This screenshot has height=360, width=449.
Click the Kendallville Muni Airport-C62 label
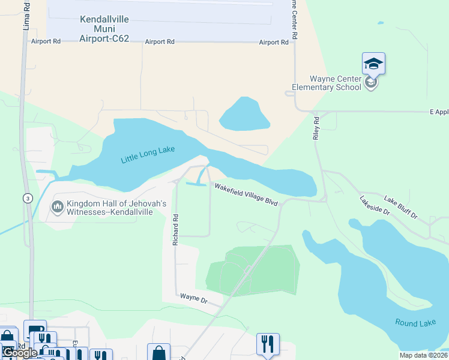[104, 29]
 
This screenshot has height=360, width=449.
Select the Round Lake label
[415, 323]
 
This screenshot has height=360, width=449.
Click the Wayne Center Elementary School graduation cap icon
[373, 64]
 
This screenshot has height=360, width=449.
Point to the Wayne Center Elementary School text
[327, 83]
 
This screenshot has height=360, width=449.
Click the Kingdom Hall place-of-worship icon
[58, 208]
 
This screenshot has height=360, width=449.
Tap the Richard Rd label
[176, 229]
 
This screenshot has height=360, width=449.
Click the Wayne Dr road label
[193, 298]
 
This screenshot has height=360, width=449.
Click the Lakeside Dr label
[375, 206]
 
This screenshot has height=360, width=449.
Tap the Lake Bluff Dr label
[400, 208]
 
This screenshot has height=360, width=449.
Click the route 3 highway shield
[27, 199]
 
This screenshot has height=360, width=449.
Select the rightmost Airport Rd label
[274, 43]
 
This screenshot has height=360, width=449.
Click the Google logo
[19, 353]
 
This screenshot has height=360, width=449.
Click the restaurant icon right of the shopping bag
[265, 344]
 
